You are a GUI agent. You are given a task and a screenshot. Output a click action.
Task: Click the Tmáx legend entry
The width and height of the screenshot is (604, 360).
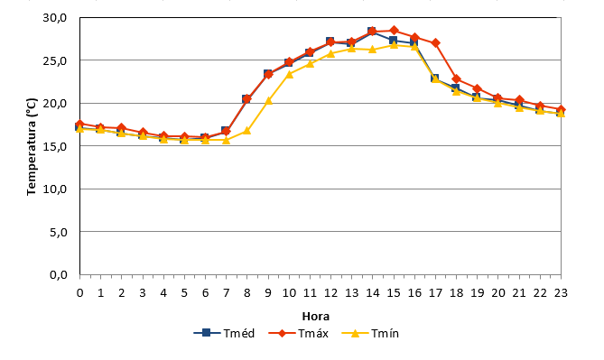point(298,333)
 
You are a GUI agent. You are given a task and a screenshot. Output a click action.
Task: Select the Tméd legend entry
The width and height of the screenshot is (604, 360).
point(224,333)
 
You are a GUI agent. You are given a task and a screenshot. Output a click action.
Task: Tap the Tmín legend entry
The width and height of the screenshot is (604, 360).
point(370,333)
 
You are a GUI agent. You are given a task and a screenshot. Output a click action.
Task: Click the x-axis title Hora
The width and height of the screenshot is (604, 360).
point(315,317)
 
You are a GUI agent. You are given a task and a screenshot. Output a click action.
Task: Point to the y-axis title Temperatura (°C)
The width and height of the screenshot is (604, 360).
point(32,147)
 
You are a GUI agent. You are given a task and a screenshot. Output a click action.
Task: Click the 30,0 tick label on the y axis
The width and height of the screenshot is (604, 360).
point(55,18)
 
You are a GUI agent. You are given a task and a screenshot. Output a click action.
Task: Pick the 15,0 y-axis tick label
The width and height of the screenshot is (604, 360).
point(55,146)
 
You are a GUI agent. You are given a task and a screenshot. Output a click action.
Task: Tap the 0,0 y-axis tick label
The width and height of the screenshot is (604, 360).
point(59,275)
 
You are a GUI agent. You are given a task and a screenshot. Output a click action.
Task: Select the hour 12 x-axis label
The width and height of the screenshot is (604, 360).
point(330,293)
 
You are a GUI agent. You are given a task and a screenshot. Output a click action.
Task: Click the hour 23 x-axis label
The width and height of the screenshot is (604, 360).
point(561,293)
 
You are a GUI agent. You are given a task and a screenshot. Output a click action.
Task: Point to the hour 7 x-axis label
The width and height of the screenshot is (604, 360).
point(226,293)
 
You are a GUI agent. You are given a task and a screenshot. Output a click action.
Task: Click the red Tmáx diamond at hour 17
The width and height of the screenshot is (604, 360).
point(436,42)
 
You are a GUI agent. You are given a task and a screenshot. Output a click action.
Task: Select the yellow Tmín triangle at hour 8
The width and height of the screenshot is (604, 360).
point(246,131)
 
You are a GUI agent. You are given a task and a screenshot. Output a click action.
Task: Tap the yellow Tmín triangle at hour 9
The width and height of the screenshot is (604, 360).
point(268,101)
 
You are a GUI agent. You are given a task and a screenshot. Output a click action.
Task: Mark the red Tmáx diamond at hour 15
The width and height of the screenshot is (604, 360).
point(394,30)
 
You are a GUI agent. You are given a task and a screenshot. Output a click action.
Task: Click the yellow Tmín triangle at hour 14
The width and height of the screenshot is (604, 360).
point(373,50)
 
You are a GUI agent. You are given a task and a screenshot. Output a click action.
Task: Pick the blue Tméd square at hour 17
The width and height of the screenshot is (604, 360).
point(435,78)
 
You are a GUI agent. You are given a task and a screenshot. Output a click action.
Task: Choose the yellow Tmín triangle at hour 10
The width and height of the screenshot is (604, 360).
point(289,74)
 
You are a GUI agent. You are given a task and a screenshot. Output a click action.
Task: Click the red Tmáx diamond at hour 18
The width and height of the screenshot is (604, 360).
point(457,79)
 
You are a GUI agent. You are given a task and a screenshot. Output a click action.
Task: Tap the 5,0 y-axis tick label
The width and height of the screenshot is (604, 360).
point(59,232)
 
